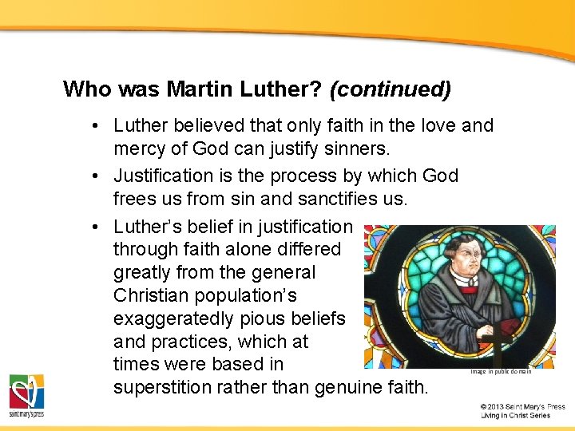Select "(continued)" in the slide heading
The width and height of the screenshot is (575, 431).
tap(390, 89)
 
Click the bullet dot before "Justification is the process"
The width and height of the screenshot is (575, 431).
tap(94, 176)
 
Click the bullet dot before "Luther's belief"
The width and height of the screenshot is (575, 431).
tap(94, 227)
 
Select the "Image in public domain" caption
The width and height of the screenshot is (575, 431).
tap(500, 371)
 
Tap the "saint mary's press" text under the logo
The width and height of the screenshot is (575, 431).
tap(26, 415)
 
